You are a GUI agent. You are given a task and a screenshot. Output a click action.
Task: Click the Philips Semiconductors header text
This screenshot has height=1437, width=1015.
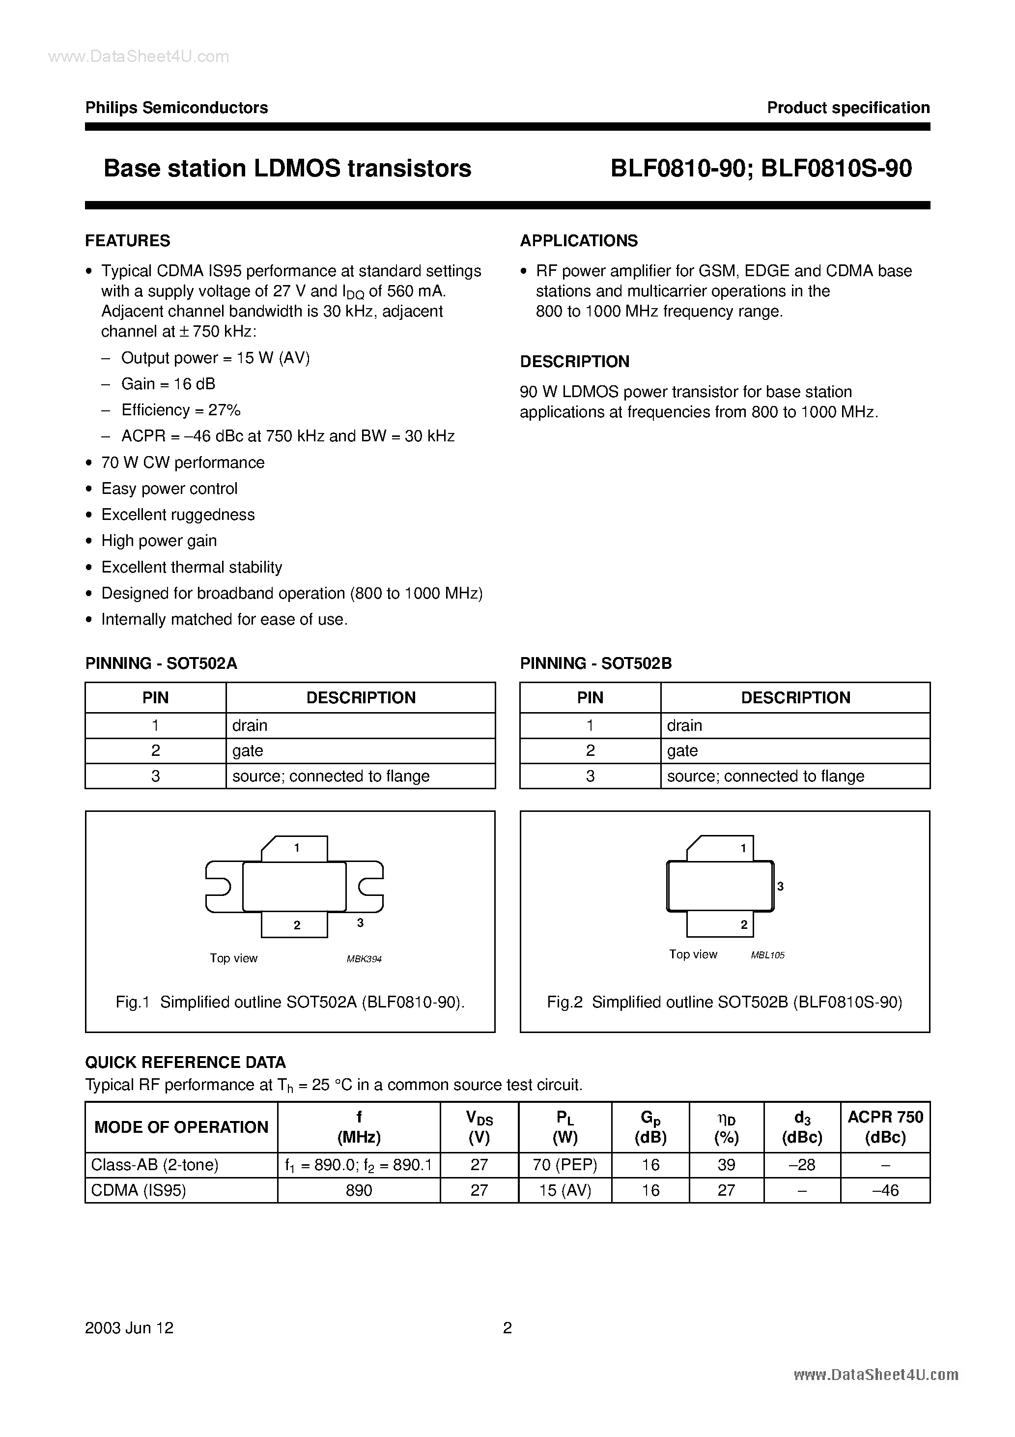click(x=176, y=108)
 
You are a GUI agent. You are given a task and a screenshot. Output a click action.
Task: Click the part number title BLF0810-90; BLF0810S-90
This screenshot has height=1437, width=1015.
click(x=761, y=169)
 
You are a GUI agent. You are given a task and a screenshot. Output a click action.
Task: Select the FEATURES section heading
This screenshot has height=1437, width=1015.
click(x=128, y=241)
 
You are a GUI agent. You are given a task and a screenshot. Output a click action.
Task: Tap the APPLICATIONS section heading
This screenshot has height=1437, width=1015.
click(x=579, y=241)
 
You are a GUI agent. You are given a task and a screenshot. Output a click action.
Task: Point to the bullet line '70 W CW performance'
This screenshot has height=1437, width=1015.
click(x=183, y=462)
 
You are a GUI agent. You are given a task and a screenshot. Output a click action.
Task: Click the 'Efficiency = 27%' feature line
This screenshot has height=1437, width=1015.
click(x=181, y=410)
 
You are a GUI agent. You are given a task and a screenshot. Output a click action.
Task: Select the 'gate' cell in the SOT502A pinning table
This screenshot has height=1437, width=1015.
click(x=248, y=750)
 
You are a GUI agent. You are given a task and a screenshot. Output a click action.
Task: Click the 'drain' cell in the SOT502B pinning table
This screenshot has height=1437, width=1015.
click(x=684, y=725)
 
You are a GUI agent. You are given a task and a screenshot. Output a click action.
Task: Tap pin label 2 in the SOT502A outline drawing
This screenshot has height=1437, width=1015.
click(x=297, y=925)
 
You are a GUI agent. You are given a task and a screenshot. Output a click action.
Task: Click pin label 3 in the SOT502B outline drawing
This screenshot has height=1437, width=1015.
click(x=780, y=886)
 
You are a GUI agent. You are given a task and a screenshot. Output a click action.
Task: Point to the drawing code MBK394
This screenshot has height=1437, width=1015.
click(x=364, y=959)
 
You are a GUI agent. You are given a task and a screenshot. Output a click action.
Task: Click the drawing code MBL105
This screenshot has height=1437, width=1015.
click(x=768, y=955)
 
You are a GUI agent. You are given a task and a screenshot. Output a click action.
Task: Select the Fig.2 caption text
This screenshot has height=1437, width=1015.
click(x=725, y=1002)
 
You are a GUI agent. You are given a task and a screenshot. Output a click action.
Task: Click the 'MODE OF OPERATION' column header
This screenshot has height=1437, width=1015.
click(x=181, y=1127)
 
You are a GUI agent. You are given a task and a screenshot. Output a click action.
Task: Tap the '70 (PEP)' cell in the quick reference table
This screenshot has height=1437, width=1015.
click(x=565, y=1165)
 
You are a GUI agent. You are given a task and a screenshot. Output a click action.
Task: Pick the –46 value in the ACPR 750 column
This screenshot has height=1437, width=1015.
click(x=885, y=1190)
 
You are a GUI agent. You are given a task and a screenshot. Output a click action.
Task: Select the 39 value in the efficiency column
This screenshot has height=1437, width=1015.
click(x=726, y=1165)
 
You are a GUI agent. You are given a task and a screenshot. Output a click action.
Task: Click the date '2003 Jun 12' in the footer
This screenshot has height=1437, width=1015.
click(x=130, y=1328)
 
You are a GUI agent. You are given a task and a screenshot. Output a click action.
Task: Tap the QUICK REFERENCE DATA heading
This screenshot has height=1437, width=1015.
click(x=185, y=1062)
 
